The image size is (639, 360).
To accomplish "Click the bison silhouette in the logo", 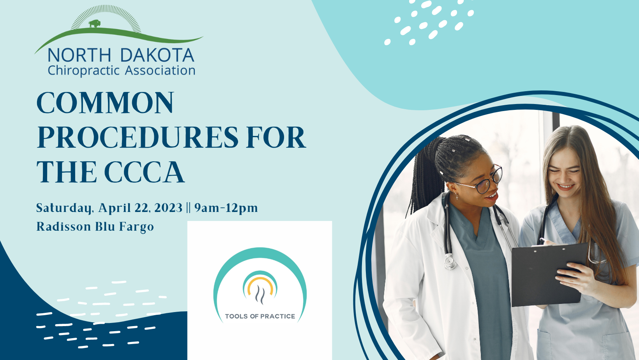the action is [x=94, y=24].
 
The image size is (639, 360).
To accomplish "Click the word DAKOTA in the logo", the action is [x=157, y=55].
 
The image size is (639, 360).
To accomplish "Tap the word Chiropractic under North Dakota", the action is [x=84, y=71].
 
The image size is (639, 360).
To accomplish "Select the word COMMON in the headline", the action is [x=105, y=103].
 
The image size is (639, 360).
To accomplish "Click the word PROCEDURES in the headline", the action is [x=137, y=138].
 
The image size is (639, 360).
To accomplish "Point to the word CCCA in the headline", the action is [x=144, y=172].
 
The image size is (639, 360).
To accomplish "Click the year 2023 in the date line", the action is [x=168, y=208].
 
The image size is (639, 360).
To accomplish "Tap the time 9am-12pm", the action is [x=226, y=208].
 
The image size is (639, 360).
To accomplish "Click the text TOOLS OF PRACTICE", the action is [x=260, y=316].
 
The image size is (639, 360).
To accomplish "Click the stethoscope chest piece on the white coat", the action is [x=450, y=262].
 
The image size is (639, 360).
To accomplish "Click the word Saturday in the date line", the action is [x=65, y=208].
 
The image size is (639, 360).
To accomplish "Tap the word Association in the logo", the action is [x=160, y=71].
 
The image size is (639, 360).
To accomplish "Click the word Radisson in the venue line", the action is [x=64, y=227].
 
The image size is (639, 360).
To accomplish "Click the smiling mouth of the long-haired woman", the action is [x=565, y=187].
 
